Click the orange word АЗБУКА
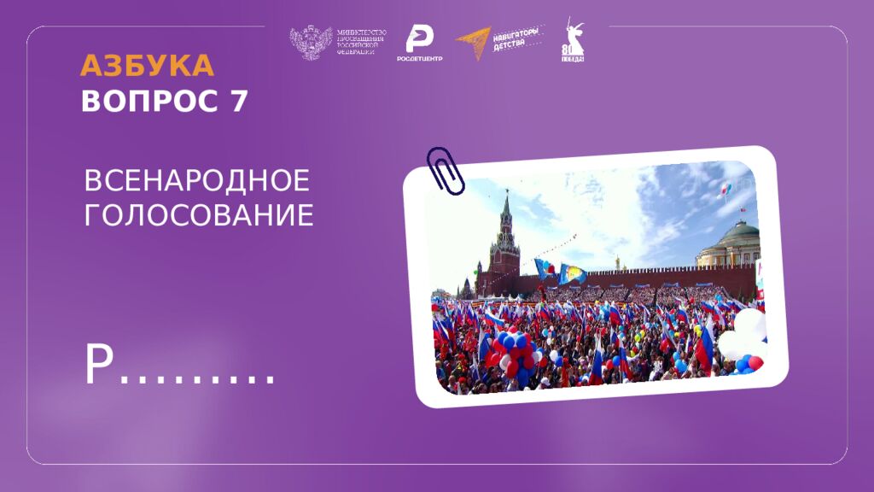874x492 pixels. point(147,66)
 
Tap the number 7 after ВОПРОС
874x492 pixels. point(238,102)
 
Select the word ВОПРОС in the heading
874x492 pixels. point(150,102)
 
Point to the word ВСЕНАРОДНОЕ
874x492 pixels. point(196,181)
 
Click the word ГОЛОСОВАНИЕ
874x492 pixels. point(199,215)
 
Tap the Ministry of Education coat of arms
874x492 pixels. point(311,43)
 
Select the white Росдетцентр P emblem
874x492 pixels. point(419,38)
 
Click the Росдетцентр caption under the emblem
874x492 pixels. point(419,58)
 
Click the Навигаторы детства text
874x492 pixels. point(519,38)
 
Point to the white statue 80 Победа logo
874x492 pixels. point(573,41)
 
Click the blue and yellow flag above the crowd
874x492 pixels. point(571,273)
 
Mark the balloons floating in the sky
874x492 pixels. point(726,188)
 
